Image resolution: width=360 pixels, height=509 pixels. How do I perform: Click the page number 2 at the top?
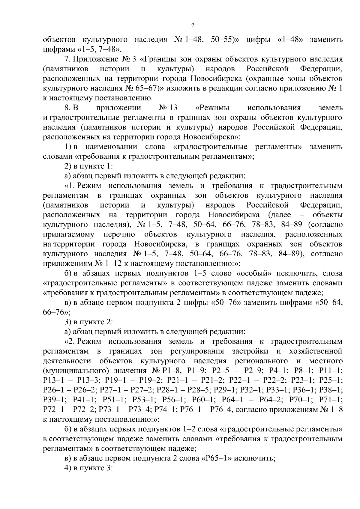coord(192,25)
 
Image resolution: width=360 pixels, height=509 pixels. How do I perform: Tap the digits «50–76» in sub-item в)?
coord(227,302)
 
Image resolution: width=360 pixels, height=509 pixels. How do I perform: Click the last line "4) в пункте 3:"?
coord(88,468)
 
